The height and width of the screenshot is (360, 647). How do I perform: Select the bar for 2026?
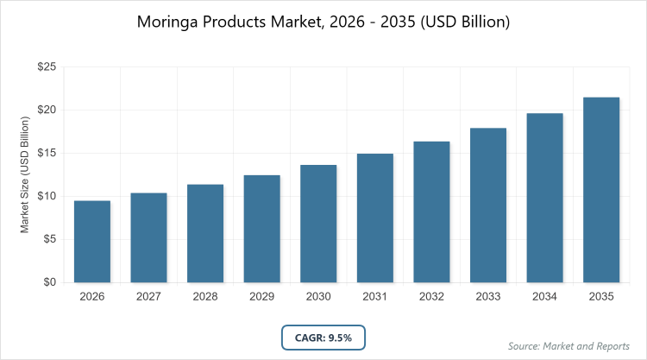pos(91,242)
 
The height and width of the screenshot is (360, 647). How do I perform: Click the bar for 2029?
pos(261,229)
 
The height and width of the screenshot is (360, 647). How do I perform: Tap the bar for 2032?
pos(431,212)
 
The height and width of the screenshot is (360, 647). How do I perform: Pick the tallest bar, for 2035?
pos(601,190)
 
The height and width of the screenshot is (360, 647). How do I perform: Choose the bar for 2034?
pos(544,198)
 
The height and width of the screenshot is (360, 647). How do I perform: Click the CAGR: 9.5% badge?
pos(323,338)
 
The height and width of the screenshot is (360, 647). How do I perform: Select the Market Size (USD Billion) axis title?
pos(26,175)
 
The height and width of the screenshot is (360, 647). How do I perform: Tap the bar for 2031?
pos(374,218)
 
